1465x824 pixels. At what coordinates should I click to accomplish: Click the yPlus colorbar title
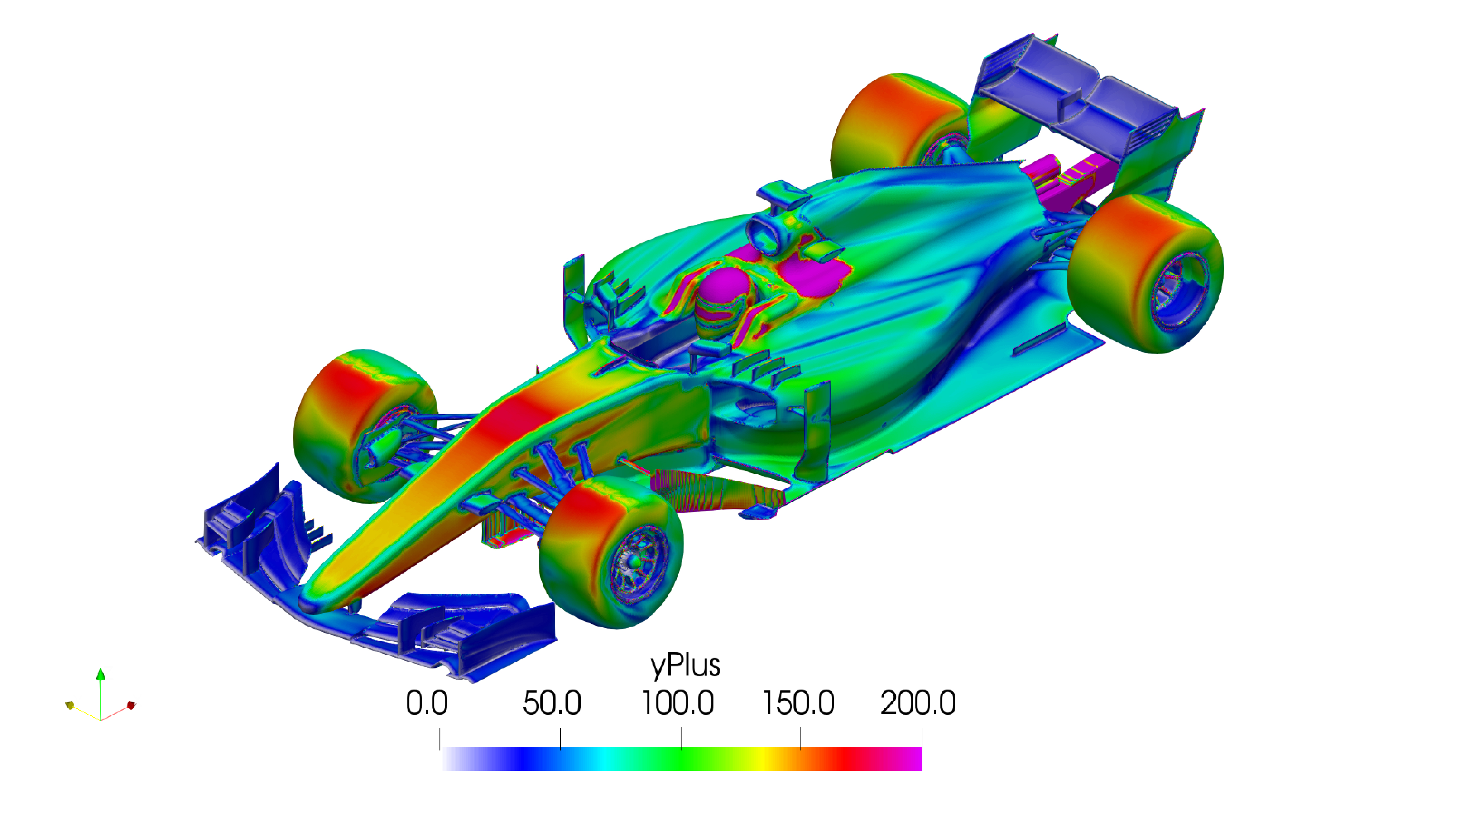685,665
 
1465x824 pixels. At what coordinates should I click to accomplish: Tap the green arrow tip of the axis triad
101,674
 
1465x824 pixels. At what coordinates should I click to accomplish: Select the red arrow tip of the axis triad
131,706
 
